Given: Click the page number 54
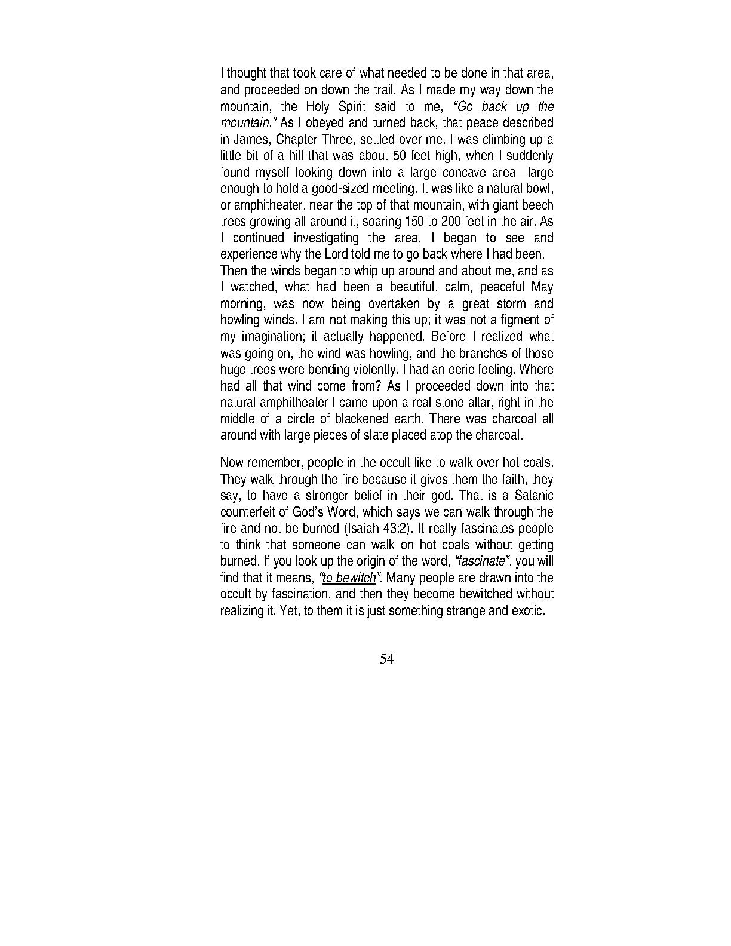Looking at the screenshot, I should click(386, 659).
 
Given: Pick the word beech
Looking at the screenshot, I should click(537, 205).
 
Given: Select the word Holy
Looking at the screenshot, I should click(321, 107).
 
